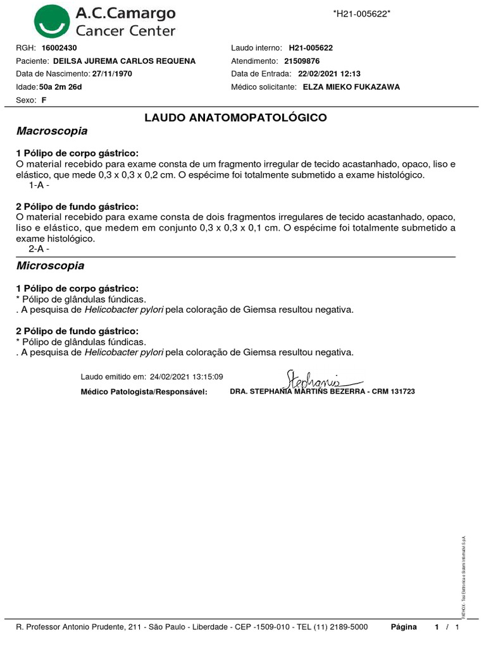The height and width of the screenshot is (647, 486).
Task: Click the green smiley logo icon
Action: (53, 21)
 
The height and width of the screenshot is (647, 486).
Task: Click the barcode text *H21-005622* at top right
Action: (361, 14)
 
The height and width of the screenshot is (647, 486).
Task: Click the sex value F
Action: (44, 100)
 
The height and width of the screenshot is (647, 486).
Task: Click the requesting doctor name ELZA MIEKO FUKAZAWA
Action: (351, 87)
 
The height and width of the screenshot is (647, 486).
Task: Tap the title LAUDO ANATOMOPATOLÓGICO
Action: (235, 118)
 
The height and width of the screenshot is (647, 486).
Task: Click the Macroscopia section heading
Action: (51, 131)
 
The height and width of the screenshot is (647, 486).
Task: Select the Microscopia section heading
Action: (50, 266)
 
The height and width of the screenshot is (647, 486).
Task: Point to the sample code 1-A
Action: (38, 186)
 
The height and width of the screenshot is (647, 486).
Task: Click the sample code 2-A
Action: (38, 249)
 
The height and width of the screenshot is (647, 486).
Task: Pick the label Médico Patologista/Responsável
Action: (144, 392)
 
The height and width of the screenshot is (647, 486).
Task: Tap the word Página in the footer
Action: (404, 627)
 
